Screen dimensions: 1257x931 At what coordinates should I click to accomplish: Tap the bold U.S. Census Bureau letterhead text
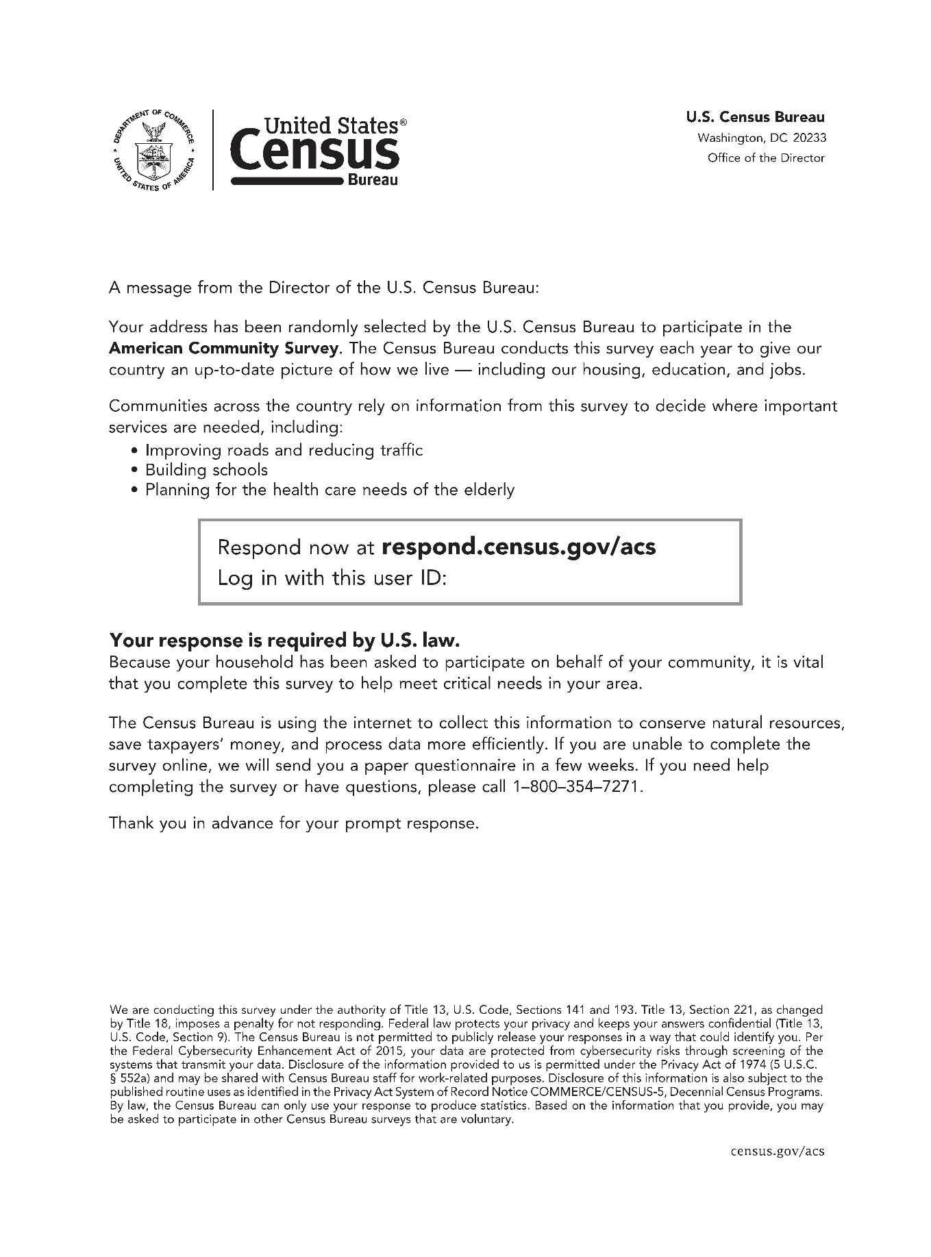pyautogui.click(x=755, y=118)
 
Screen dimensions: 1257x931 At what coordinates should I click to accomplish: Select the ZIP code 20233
pyautogui.click(x=810, y=138)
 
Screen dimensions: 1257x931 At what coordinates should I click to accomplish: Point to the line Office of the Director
pyautogui.click(x=766, y=158)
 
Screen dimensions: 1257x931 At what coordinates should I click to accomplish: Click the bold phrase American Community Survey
pyautogui.click(x=223, y=349)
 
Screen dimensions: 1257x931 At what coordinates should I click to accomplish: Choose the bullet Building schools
pyautogui.click(x=206, y=471)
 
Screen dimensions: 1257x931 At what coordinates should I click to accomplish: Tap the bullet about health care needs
pyautogui.click(x=330, y=490)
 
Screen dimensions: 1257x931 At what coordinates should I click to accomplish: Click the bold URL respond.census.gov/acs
pyautogui.click(x=518, y=547)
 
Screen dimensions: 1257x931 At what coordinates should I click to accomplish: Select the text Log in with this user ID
pyautogui.click(x=332, y=579)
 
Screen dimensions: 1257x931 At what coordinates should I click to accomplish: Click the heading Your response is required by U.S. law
pyautogui.click(x=284, y=641)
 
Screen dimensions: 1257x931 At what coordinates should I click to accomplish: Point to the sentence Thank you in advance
pyautogui.click(x=293, y=823)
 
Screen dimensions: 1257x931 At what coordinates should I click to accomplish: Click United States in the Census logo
pyautogui.click(x=331, y=126)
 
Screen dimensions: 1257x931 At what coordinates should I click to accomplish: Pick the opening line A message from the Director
pyautogui.click(x=324, y=288)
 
